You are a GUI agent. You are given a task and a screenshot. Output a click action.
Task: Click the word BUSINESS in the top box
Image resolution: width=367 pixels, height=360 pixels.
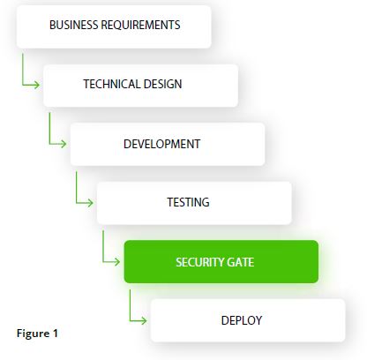coord(74,25)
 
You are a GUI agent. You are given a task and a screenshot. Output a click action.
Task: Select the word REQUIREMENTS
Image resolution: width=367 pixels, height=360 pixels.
coord(140,25)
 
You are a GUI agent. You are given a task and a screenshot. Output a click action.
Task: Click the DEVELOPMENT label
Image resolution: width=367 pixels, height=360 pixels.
coord(162,144)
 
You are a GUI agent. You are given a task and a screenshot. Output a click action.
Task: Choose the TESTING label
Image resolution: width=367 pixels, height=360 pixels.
coord(188,202)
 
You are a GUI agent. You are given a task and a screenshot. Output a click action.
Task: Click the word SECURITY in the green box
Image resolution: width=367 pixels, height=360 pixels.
coord(200,262)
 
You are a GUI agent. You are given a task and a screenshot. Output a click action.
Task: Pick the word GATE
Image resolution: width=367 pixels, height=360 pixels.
coord(241,262)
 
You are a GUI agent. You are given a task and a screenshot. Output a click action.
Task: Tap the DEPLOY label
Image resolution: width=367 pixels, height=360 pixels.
coord(242,320)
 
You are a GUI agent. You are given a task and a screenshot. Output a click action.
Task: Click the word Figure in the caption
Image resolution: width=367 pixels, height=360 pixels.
coord(33,334)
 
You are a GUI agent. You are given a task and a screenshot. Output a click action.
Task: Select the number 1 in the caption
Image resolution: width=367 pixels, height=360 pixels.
coord(55,334)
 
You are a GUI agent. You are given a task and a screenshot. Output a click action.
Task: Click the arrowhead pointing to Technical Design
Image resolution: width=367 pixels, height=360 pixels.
coord(36,85)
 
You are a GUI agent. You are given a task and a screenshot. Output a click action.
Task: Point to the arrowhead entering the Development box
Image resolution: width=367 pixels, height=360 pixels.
coord(64,144)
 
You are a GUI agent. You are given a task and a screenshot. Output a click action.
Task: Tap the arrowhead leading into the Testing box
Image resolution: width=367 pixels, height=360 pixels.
coord(90,203)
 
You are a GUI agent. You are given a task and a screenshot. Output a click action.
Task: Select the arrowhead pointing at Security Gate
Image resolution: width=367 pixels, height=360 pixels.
coord(116,261)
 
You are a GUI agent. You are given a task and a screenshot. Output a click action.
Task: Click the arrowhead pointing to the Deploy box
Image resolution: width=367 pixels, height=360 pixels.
coord(144,320)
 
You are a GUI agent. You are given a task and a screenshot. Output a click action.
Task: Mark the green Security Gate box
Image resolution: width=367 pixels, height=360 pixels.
coord(221,262)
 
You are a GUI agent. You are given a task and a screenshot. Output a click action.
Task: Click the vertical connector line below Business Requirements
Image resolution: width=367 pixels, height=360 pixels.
coord(23,70)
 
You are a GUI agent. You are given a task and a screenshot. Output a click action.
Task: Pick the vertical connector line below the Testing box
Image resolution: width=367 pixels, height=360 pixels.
coord(103,246)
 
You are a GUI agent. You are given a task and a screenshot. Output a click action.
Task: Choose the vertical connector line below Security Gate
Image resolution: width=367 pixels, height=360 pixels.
coord(130,304)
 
